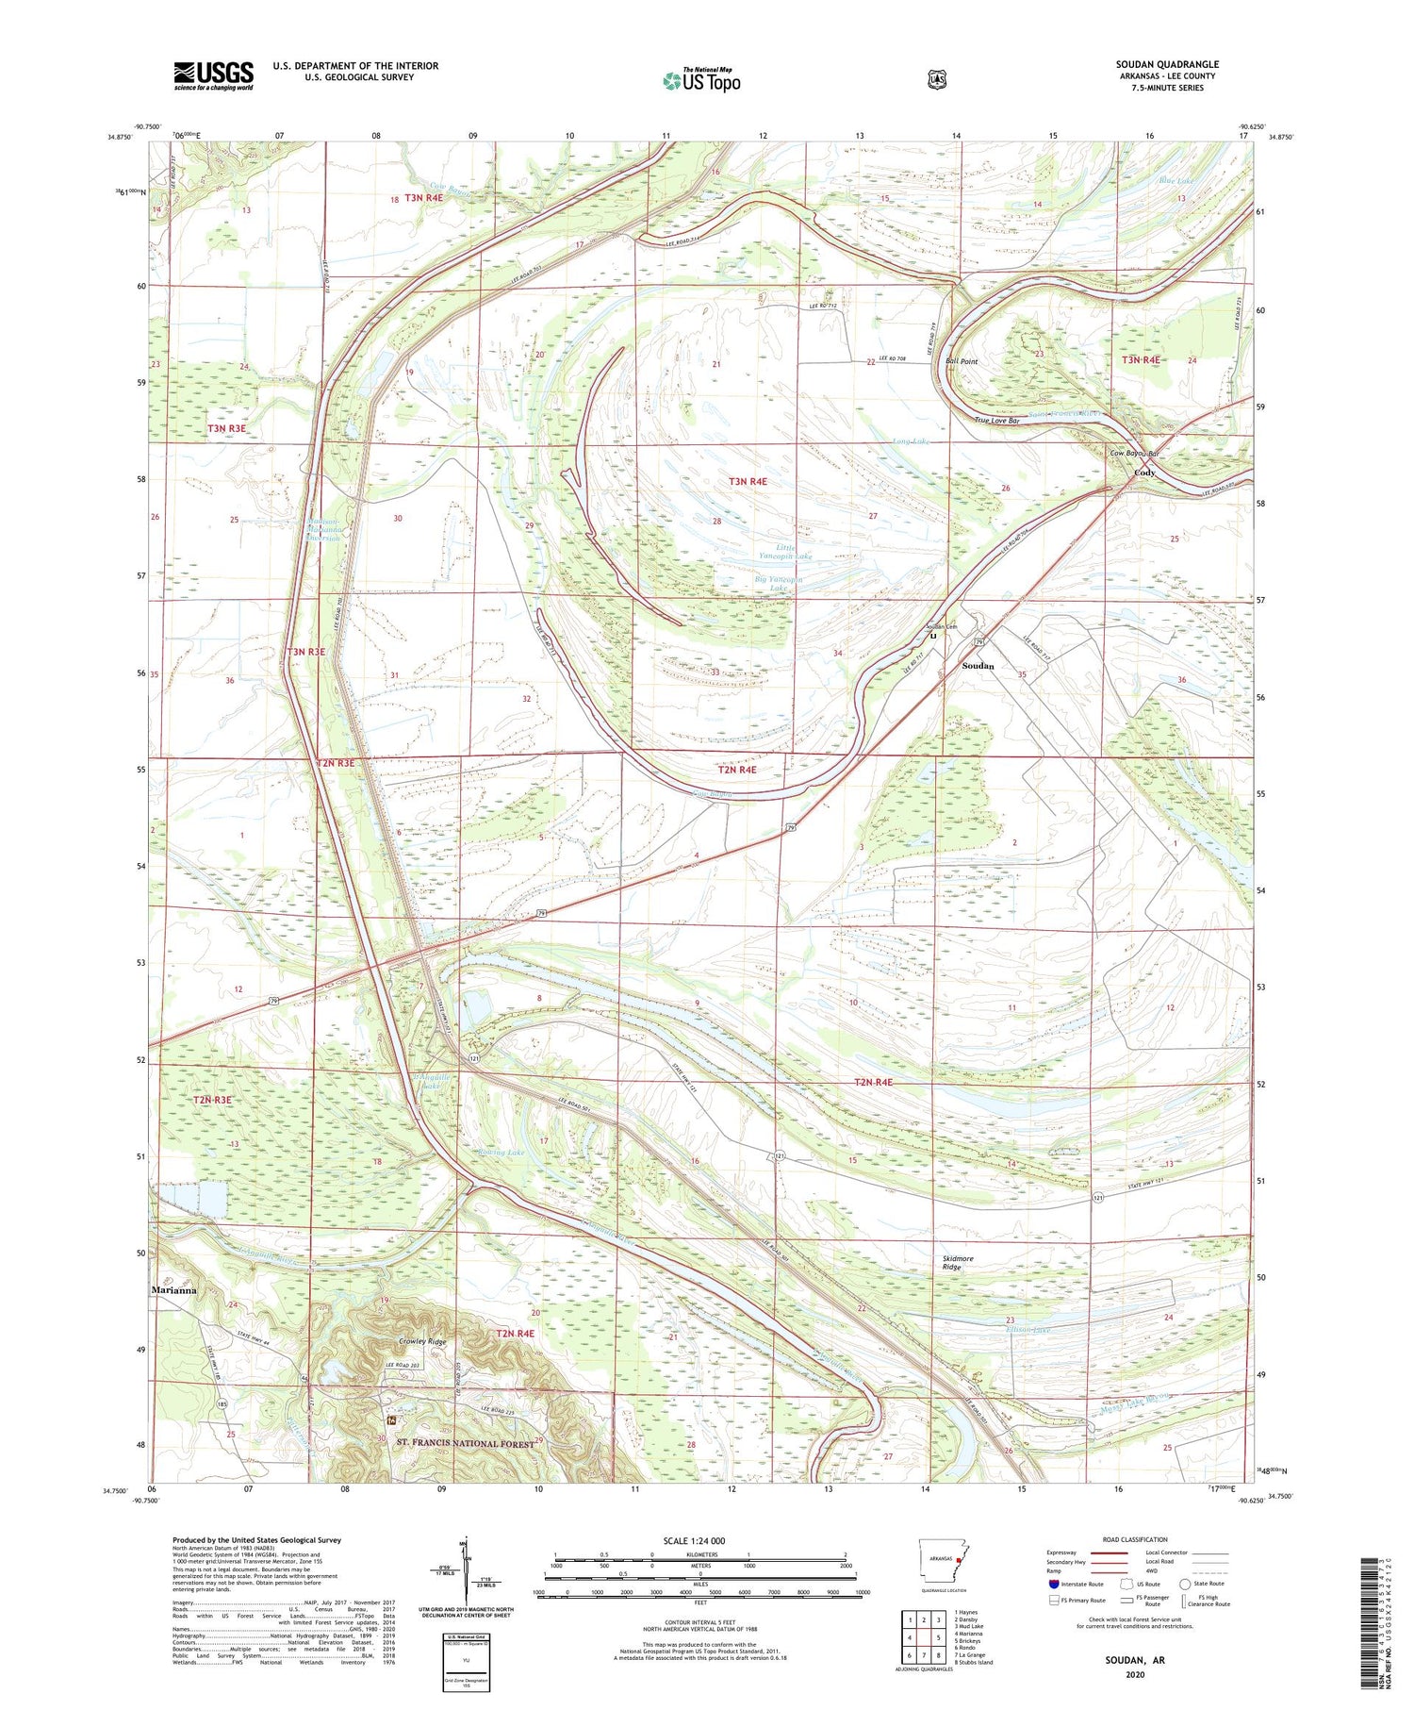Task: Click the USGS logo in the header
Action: (x=213, y=75)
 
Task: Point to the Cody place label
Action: (x=1144, y=473)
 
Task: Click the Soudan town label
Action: (x=978, y=666)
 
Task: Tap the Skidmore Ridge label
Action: (x=958, y=1263)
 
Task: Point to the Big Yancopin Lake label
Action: (x=779, y=584)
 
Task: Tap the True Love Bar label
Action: (x=996, y=421)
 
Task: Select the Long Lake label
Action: (x=910, y=441)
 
